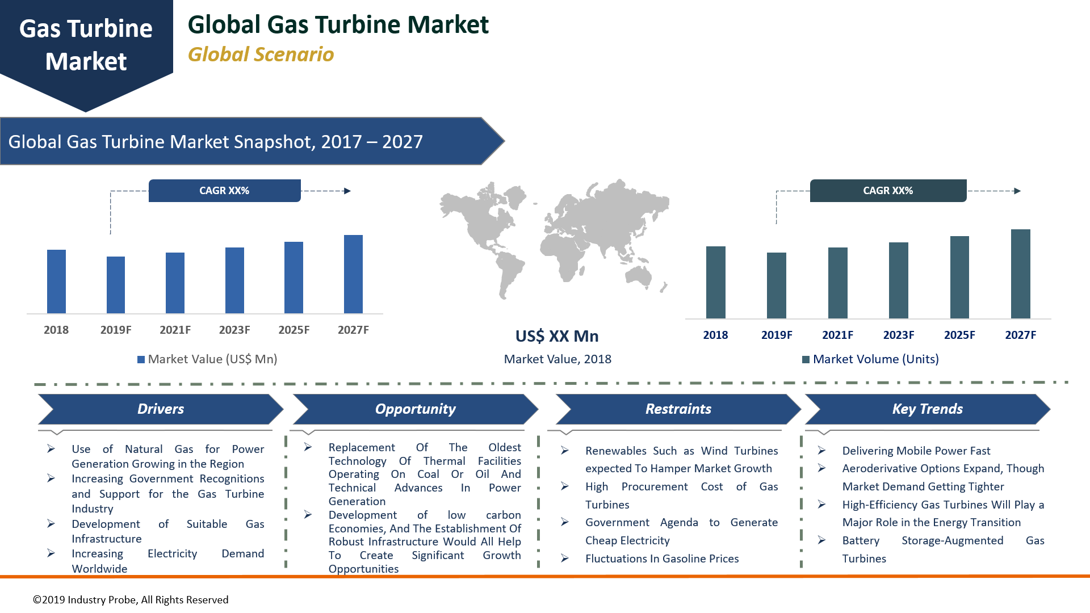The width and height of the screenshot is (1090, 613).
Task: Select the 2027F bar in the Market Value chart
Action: tap(353, 274)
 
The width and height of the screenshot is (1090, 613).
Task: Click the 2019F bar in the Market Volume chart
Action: tap(776, 285)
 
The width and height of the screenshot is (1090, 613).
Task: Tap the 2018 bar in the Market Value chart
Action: tap(56, 282)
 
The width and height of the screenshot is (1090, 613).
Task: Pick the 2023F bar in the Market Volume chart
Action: tap(898, 280)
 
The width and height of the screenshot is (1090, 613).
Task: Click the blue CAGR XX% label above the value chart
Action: tap(224, 191)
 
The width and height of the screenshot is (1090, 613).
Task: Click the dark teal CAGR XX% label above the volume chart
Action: tap(888, 191)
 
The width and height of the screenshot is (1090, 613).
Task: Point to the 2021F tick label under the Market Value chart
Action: tap(175, 330)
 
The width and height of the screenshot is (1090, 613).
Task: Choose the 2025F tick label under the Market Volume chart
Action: tap(959, 335)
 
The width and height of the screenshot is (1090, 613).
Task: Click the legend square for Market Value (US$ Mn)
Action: tap(141, 359)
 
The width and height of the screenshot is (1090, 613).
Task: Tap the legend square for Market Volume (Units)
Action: tap(806, 359)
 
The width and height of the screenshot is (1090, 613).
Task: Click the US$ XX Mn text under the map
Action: tap(557, 336)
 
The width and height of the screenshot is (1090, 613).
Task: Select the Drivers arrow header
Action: tap(161, 409)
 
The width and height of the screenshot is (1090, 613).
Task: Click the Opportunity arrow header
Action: tap(415, 409)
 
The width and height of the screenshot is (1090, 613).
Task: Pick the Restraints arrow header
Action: tap(678, 409)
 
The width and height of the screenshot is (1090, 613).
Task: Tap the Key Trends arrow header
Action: tap(927, 409)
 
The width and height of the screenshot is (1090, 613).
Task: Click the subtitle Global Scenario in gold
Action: tap(261, 54)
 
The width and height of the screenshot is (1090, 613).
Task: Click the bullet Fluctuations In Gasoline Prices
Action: tap(662, 559)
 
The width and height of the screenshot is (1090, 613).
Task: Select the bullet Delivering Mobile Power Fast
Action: tap(916, 451)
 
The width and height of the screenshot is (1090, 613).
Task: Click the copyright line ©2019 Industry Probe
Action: tap(131, 600)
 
